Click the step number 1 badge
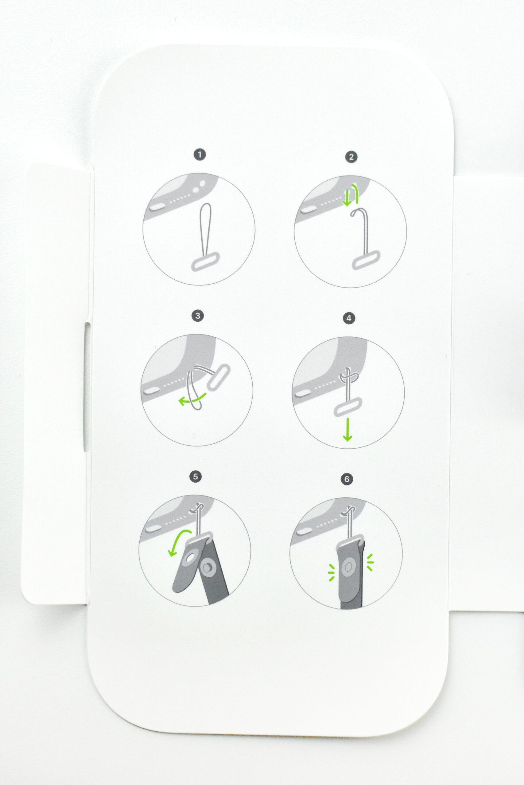point(200,155)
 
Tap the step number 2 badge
point(351,157)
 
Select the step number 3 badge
point(198,316)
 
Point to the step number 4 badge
point(349,318)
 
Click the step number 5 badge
point(196,477)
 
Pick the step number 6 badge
point(347,479)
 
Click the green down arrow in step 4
point(347,429)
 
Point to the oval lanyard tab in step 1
point(205,261)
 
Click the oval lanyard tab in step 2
point(367,259)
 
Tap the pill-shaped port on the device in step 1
point(156,207)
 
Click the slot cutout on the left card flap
point(87,387)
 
